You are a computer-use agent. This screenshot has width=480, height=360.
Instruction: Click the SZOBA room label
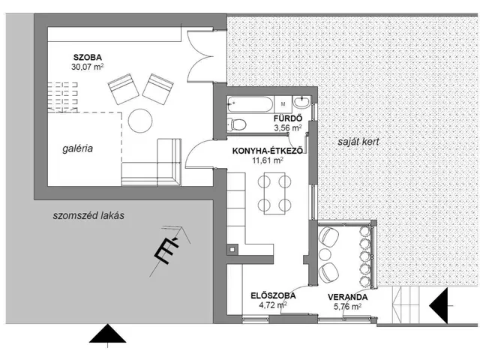point(88,57)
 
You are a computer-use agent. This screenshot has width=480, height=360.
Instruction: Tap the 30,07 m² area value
point(87,67)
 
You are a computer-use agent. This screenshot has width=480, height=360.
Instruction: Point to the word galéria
point(77,148)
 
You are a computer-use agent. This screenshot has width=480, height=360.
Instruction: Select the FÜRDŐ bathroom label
point(288,118)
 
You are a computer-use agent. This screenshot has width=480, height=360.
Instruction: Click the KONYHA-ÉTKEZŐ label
point(268,151)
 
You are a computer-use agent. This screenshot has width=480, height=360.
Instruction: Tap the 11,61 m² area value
point(268,160)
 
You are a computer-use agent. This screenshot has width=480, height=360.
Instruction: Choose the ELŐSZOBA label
point(273,295)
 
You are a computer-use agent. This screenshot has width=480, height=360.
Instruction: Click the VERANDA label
point(348,297)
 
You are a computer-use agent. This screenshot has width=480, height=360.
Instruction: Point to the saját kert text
point(358,142)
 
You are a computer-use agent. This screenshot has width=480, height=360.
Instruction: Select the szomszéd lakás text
point(88,215)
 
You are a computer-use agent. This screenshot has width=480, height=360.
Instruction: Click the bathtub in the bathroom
point(250,104)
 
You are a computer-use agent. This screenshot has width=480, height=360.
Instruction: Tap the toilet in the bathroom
point(237,124)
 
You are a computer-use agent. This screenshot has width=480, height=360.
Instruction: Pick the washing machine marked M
point(283,104)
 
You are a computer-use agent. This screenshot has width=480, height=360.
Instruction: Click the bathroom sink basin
point(302,102)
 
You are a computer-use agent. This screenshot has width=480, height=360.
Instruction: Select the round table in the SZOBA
point(140,121)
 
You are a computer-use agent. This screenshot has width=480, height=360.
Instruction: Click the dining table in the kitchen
point(274,193)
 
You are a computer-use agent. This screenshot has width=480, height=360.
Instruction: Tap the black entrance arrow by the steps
point(438,305)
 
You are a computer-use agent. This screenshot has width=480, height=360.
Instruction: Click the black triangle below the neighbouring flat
point(108,334)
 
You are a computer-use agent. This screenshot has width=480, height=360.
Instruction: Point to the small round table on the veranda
point(325,255)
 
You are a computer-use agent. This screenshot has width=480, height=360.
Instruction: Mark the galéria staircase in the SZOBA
point(63,97)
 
